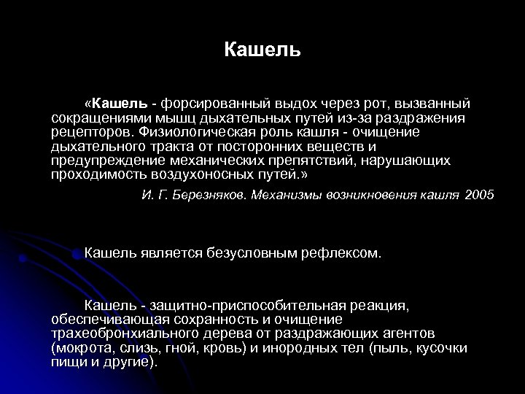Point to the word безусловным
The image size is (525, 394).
[x=229, y=253]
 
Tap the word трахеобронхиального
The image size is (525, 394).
[x=120, y=333]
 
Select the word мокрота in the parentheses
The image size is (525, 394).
[x=79, y=347]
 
